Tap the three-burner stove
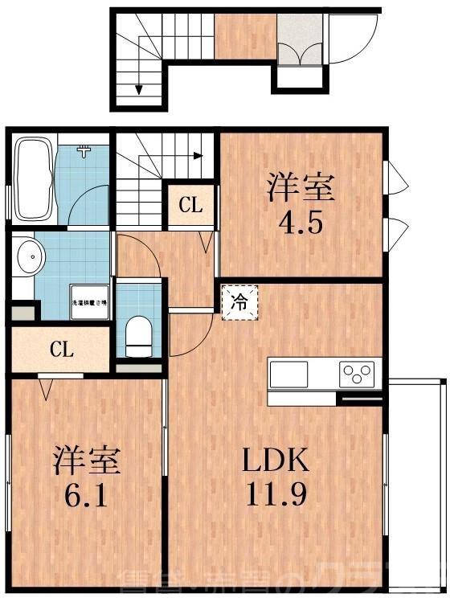point(357,374)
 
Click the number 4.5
point(301,221)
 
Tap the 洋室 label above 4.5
point(301,189)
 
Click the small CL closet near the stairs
point(190,205)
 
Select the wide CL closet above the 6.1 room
point(62,350)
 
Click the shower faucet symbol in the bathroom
point(84,150)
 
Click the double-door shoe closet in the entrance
point(300,47)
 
